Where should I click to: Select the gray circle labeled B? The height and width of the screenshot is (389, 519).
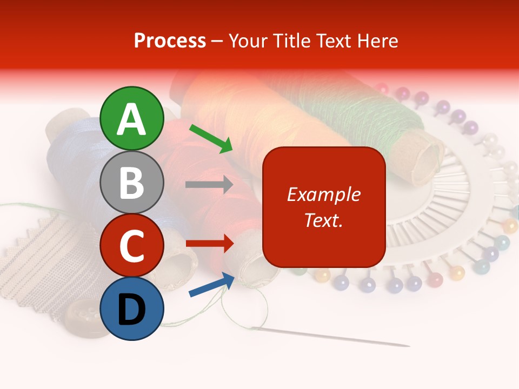point(132,182)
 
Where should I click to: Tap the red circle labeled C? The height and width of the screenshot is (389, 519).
point(132,245)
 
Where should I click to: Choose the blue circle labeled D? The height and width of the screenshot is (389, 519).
point(132,308)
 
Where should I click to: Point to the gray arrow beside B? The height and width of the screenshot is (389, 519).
point(209,185)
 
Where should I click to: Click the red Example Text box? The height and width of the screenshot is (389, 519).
point(324,207)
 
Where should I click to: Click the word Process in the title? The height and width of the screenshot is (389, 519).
point(170,41)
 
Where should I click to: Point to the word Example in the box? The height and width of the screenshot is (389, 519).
point(324,194)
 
